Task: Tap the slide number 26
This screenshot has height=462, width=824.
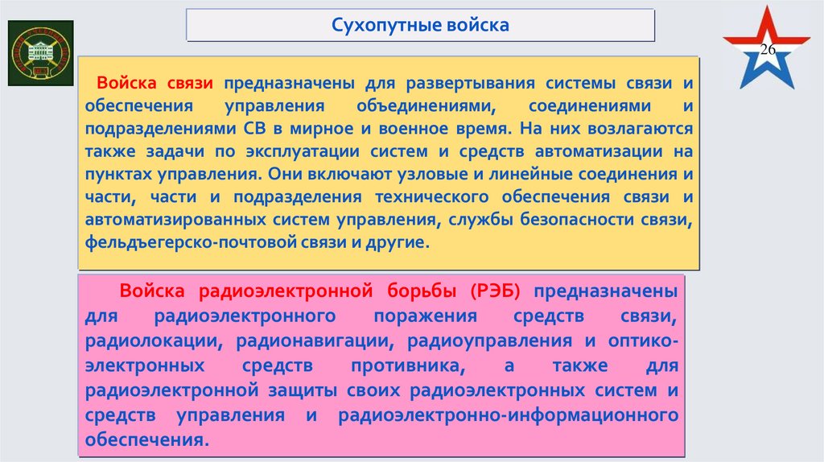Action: click(767, 51)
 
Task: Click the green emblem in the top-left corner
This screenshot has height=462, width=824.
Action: click(39, 53)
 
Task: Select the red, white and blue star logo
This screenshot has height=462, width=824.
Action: click(765, 50)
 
